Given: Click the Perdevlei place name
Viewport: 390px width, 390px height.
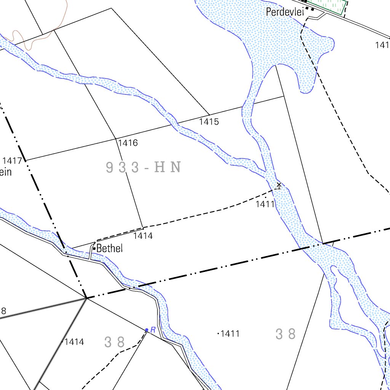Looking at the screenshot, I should tap(285, 12).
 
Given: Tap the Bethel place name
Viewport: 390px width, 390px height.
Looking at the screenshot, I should tap(110, 249).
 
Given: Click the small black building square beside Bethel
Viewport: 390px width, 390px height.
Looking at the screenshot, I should tap(94, 249).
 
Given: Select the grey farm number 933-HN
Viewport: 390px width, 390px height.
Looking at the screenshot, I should tap(143, 167).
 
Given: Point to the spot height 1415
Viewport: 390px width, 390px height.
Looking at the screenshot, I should tap(209, 122).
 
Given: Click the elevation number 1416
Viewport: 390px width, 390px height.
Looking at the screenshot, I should tap(128, 143).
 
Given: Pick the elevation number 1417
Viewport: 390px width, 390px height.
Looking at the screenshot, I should tap(12, 160).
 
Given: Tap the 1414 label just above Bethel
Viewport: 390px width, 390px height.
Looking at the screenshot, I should tap(143, 236).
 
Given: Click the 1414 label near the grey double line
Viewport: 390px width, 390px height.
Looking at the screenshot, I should tap(74, 342).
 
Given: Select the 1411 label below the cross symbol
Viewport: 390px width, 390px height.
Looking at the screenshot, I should tap(265, 204).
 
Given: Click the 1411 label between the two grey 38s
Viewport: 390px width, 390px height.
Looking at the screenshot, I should tap(230, 334).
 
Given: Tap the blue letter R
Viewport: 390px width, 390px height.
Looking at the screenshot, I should tap(153, 330).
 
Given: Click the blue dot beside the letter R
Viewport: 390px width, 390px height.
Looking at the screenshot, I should tap(147, 330).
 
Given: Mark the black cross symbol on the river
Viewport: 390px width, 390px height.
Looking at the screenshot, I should tap(279, 185).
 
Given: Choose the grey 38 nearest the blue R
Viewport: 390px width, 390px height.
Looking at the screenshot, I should tap(115, 342).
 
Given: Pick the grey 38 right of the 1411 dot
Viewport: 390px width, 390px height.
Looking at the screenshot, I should tap(286, 334).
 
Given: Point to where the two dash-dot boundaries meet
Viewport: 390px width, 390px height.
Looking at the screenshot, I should tap(86, 297).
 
